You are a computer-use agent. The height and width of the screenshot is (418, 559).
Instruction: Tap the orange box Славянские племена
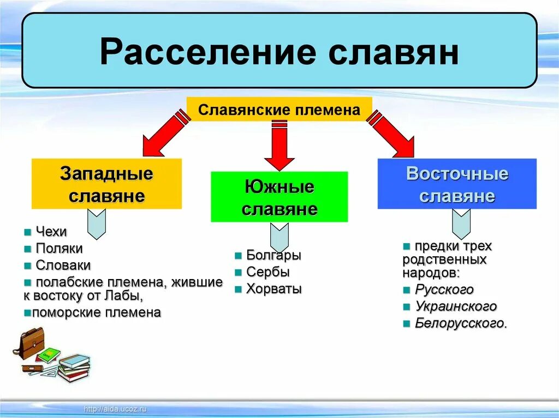point(279,110)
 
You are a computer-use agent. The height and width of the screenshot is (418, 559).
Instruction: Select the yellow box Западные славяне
point(106,184)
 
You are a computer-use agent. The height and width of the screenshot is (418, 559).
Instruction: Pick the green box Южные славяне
point(279,197)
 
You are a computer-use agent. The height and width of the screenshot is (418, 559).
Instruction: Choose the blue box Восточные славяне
point(457,184)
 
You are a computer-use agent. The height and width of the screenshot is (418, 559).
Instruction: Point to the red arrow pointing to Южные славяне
point(279,144)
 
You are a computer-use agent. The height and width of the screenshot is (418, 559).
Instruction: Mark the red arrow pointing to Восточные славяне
point(394,134)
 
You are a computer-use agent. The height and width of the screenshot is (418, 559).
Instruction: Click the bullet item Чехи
point(51,232)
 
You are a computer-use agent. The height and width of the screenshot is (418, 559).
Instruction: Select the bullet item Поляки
point(59,249)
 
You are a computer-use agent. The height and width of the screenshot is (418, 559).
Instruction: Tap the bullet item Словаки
point(63,265)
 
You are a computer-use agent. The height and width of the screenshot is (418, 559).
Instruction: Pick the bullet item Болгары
point(273,255)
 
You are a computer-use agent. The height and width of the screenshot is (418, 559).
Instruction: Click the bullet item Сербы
point(267,272)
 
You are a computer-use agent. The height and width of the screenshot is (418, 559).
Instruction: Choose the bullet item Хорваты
point(273,289)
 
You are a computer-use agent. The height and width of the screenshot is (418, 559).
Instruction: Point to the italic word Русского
point(444,289)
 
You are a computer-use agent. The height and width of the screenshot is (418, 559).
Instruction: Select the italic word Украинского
point(455,306)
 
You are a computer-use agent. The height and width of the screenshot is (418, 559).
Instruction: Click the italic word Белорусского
point(461,323)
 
